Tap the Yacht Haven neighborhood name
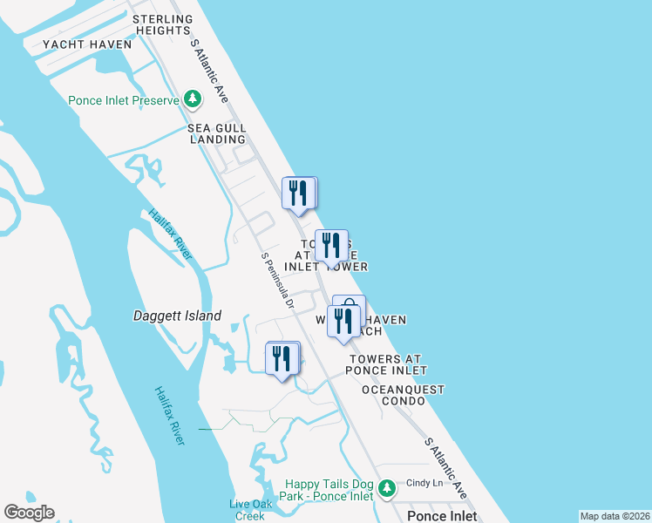pos(87,44)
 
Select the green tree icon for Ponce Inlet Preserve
pos(193,101)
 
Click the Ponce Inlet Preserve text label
pos(124,101)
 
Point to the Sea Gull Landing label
pos(217,133)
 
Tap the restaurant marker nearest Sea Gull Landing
pos(298,193)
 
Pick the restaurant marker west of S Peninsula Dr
pos(282,358)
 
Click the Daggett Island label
pos(177,316)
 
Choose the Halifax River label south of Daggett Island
pos(170,416)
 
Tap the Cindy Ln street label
pos(425,483)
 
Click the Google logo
pos(29,513)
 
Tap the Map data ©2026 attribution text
pos(615,516)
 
